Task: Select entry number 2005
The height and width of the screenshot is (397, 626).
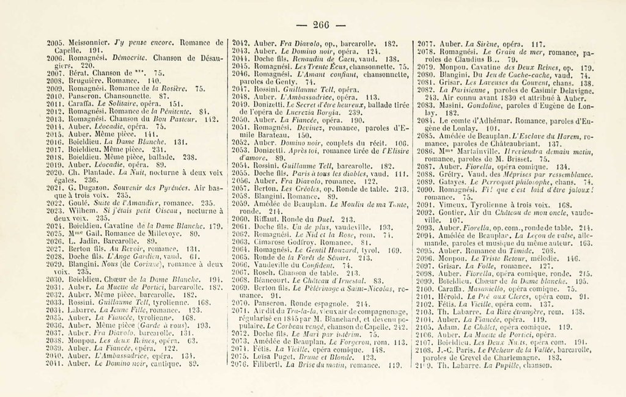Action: (x=56, y=43)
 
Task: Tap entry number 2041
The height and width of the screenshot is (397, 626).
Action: (x=56, y=363)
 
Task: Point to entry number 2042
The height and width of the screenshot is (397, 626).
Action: (x=243, y=43)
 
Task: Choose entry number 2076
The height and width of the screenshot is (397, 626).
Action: (x=243, y=365)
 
